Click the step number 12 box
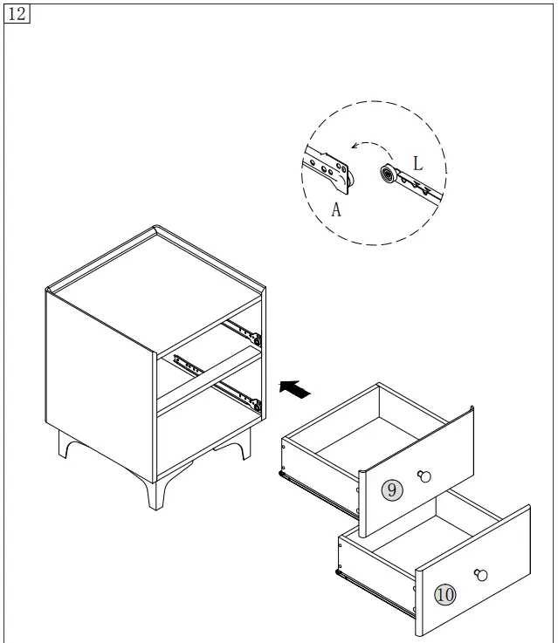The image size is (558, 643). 17,14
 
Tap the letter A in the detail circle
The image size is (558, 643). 336,209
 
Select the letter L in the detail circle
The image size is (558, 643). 417,163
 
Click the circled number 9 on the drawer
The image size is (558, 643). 392,490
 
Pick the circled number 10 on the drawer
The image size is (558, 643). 445,595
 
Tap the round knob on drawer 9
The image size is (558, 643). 425,475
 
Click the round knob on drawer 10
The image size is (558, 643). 480,574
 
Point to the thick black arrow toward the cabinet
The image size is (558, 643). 295,389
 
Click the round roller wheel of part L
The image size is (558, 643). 386,174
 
